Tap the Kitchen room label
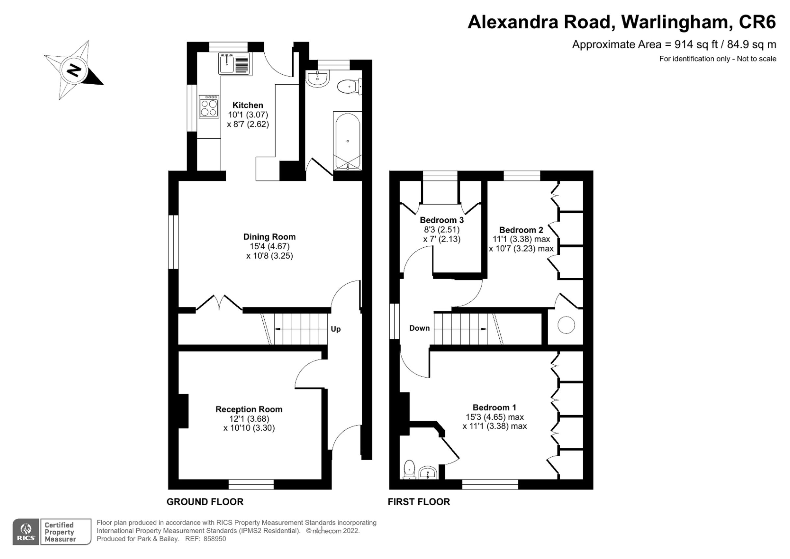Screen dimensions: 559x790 click(x=248, y=105)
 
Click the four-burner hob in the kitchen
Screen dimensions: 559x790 click(x=209, y=107)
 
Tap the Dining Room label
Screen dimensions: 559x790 click(x=269, y=237)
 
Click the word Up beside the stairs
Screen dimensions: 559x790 click(x=335, y=329)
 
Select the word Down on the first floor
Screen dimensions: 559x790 click(x=419, y=328)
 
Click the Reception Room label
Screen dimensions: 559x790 click(x=249, y=409)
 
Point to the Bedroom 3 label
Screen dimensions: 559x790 click(x=441, y=220)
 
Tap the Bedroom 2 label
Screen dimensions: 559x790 click(x=521, y=230)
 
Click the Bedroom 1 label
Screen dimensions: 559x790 click(x=494, y=408)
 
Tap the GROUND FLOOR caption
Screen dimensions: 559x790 click(x=205, y=502)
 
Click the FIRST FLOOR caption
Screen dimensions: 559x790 click(x=418, y=502)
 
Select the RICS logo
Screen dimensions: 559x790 click(x=26, y=532)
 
